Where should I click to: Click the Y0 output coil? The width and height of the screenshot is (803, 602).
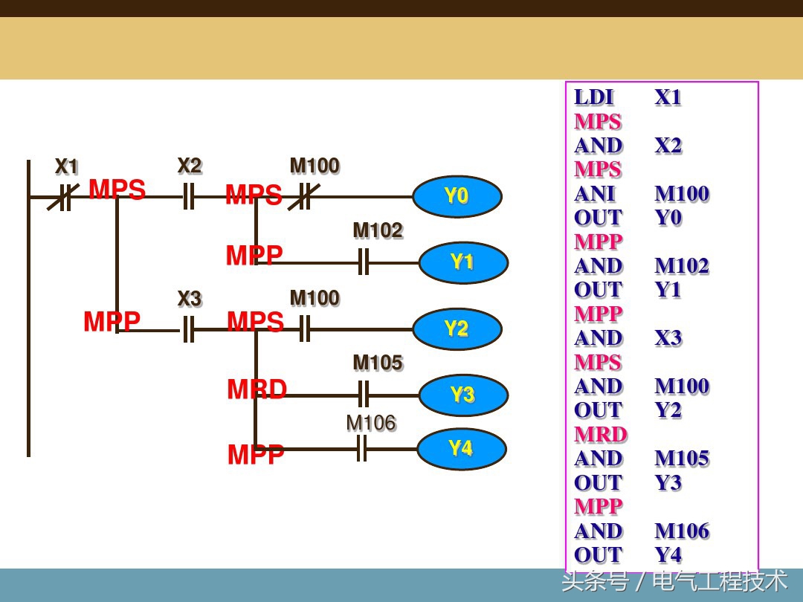(457, 196)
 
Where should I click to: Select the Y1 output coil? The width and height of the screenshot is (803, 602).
(462, 262)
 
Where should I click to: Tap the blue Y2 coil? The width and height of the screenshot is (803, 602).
(457, 328)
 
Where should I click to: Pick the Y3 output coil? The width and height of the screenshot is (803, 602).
(462, 395)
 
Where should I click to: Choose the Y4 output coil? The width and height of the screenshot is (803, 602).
(461, 448)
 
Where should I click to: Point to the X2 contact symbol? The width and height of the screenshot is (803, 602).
(188, 197)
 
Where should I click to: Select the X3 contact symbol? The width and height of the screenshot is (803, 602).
(188, 329)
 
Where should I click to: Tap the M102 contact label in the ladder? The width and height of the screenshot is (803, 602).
(378, 231)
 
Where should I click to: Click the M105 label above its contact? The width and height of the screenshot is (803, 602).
(378, 363)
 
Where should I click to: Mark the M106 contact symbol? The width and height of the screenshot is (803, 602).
(361, 449)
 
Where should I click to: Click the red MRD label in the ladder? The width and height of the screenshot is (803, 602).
(257, 389)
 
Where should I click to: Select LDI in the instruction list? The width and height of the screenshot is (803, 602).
(594, 97)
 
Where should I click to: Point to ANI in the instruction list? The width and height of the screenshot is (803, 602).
(595, 194)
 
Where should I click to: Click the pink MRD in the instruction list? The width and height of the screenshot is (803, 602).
(601, 434)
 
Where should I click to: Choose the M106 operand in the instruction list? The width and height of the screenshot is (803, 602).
(682, 531)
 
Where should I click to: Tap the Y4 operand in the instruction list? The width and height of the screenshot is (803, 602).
(668, 554)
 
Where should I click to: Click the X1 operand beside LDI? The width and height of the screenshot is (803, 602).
(668, 97)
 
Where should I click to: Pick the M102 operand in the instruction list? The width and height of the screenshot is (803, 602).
(682, 265)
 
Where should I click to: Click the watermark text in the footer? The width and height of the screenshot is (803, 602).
(674, 580)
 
